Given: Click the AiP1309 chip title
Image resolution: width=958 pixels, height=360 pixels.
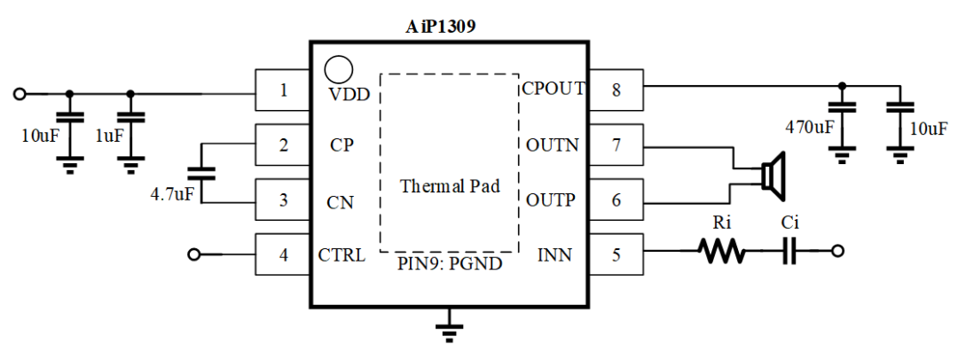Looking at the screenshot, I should click(x=449, y=25).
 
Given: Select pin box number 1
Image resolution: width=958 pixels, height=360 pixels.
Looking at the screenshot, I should click(x=282, y=90).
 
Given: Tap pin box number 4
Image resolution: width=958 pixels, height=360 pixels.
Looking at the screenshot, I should click(x=282, y=255).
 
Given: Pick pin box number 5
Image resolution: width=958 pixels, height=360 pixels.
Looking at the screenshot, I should click(x=616, y=255).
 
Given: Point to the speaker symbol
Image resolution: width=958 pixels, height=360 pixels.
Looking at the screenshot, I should click(x=773, y=173).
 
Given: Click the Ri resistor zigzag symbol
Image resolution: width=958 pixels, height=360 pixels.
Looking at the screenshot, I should click(x=721, y=254).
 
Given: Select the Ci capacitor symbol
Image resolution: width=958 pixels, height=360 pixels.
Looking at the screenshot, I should click(x=789, y=254).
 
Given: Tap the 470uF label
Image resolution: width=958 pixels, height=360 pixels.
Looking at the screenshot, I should click(x=810, y=127).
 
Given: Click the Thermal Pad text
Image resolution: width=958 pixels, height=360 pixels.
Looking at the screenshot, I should click(x=450, y=187).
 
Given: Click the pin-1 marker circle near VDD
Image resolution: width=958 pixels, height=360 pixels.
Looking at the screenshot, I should click(x=338, y=69).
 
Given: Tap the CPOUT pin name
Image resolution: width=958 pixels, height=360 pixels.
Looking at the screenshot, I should click(x=554, y=88).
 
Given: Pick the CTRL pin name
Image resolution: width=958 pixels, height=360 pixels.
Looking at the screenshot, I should click(x=341, y=256).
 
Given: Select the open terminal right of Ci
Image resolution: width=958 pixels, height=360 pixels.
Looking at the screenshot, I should click(x=838, y=254).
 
